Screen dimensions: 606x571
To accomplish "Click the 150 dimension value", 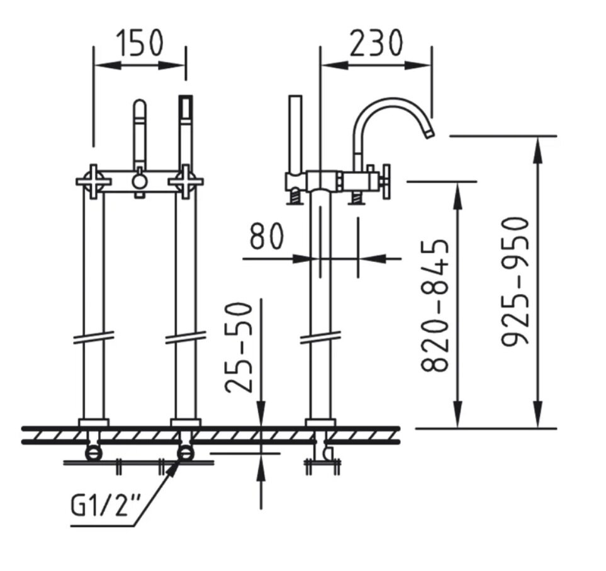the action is [x=140, y=42].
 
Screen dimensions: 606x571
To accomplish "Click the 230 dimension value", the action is [x=376, y=42].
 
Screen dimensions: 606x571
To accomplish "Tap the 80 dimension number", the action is [x=266, y=236].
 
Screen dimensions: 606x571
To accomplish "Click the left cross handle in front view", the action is [x=94, y=181].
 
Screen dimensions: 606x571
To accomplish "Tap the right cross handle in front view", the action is [x=186, y=181].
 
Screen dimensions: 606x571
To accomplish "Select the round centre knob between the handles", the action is [x=140, y=181].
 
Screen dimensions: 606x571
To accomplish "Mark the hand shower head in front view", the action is [x=186, y=107].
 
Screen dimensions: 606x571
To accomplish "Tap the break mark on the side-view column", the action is [x=321, y=337].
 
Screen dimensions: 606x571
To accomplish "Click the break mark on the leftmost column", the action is [x=94, y=337].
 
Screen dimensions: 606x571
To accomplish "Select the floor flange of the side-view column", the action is [x=320, y=423].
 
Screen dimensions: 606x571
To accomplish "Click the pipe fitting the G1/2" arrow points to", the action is [x=186, y=453].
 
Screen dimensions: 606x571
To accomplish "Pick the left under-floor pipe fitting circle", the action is [x=94, y=453].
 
